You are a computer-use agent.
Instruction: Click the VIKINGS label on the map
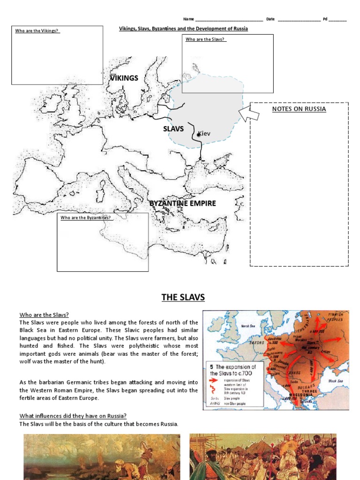coord(124,78)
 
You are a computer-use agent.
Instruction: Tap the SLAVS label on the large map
coord(173,128)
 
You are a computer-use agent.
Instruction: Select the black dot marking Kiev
coord(199,135)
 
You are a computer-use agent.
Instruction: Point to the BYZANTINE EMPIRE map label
coord(183,203)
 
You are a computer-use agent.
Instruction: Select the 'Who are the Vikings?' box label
coord(37,31)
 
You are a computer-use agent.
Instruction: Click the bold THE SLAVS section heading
coord(183,297)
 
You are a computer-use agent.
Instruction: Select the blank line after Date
coord(299,19)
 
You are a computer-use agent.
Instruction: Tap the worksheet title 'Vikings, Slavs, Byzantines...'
coord(183,29)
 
